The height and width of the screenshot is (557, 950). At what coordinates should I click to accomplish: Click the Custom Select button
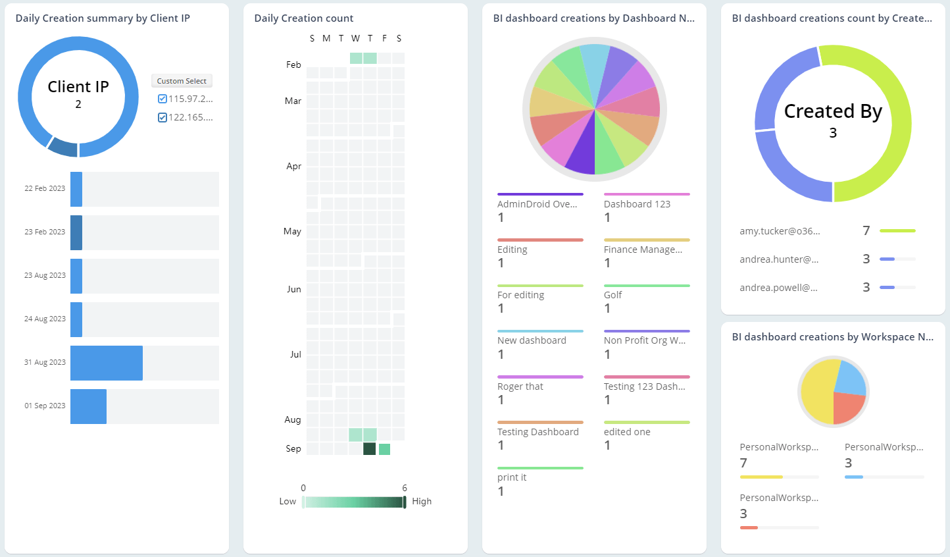tap(182, 81)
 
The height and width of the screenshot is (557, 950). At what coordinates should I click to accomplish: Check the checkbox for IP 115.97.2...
tap(162, 99)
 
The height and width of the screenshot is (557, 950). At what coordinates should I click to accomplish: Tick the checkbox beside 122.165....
tap(162, 117)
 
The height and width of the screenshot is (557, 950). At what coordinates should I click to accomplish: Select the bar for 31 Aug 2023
tap(107, 363)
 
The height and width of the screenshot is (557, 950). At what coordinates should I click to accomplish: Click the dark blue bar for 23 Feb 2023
tap(76, 232)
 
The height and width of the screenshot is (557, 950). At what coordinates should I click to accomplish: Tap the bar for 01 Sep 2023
tap(88, 406)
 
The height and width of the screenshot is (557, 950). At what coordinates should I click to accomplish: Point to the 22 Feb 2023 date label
tap(45, 188)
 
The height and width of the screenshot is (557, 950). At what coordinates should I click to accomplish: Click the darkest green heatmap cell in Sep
tap(370, 449)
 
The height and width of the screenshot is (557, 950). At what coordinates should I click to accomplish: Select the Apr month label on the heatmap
tap(293, 166)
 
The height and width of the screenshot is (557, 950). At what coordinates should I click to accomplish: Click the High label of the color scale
tap(422, 501)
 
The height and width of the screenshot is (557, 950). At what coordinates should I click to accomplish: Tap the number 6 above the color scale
tap(405, 488)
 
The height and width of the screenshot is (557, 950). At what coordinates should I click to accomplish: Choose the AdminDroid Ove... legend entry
tap(537, 204)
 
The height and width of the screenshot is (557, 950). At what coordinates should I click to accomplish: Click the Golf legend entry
tap(612, 295)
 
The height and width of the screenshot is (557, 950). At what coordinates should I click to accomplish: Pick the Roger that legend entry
tap(520, 386)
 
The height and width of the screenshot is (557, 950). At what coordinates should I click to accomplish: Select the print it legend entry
tap(512, 477)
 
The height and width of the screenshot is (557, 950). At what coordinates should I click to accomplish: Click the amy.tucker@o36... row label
tap(780, 231)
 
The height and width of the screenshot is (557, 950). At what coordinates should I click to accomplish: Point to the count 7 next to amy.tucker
tap(866, 230)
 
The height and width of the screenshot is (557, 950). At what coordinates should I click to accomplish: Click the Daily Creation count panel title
tap(303, 18)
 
